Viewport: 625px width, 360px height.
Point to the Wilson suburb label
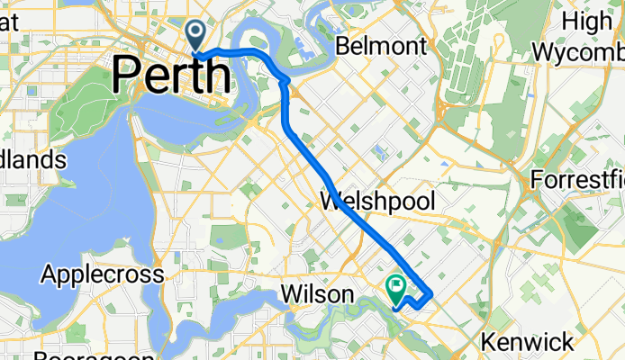[312, 294]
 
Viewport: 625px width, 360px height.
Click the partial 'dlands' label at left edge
[33, 160]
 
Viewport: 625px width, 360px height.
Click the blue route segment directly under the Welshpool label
[365, 220]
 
